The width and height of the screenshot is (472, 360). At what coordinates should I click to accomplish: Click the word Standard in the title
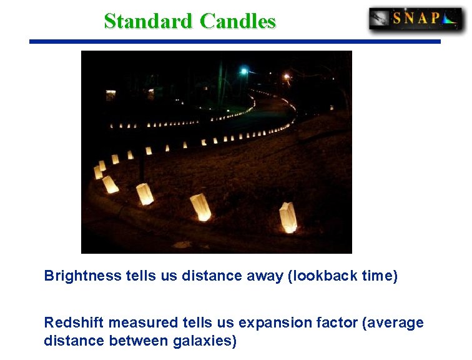149,21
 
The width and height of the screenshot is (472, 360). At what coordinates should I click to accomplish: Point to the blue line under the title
235,42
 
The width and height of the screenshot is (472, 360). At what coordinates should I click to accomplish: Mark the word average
398,323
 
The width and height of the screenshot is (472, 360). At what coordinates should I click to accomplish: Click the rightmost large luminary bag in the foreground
288,217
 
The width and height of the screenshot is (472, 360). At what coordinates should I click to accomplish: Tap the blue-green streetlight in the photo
244,71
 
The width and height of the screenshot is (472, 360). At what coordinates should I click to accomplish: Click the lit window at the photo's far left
111,95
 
